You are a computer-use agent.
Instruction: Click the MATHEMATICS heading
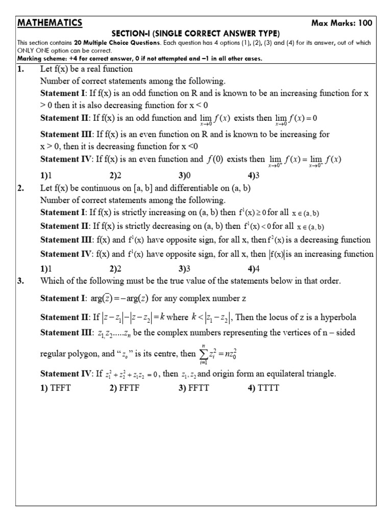click(x=50, y=22)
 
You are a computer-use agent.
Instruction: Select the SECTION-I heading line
click(x=195, y=33)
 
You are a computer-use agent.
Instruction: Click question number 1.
click(x=21, y=69)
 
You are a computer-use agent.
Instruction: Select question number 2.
click(x=21, y=188)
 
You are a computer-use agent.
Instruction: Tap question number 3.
click(x=21, y=281)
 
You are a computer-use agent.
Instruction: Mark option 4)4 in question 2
click(x=254, y=269)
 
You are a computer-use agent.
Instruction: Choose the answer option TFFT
click(x=60, y=388)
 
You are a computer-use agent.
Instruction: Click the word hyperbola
click(x=338, y=317)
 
